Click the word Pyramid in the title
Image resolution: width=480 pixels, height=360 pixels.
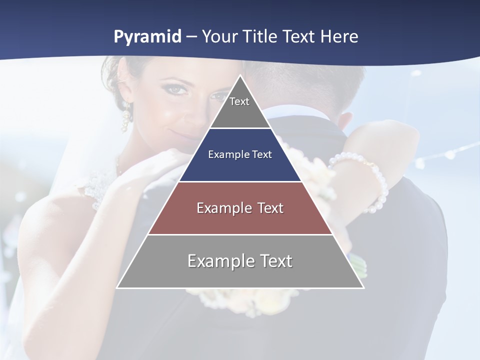tap(147, 37)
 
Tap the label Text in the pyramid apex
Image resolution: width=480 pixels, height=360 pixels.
tap(239, 101)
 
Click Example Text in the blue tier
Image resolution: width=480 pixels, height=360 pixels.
tap(240, 154)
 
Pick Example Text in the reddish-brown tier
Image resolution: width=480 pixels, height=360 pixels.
tap(240, 208)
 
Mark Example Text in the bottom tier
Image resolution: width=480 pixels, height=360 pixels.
tap(240, 261)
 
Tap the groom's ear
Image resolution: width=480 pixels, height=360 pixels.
tap(345, 122)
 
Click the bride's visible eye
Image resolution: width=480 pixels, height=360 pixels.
tap(174, 88)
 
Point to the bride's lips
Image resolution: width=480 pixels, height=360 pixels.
tap(182, 134)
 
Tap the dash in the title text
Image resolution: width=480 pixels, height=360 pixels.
tap(191, 37)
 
